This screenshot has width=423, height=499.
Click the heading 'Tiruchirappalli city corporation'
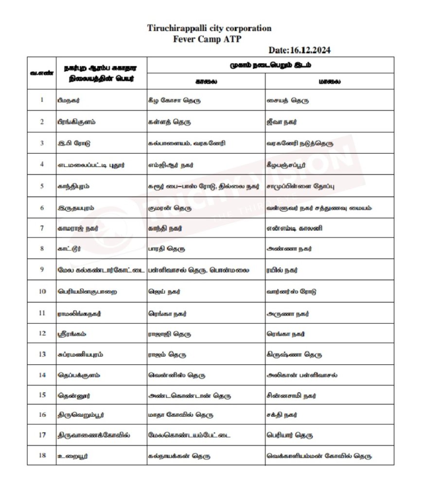point(209,28)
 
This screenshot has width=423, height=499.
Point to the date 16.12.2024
point(300,50)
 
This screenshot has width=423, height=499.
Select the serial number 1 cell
point(42,100)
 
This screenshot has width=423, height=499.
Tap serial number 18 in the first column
point(42,455)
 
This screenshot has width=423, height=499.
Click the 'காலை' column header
point(206,81)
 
